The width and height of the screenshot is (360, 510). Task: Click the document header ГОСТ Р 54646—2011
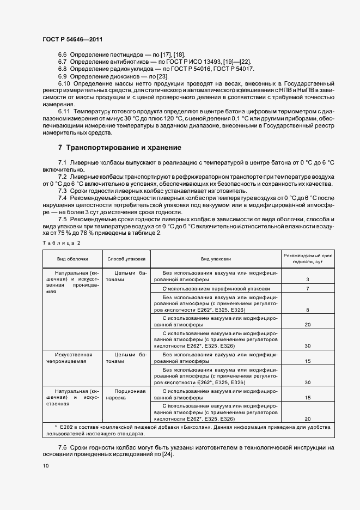coord(72,40)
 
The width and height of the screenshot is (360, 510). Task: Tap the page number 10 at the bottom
coord(46,466)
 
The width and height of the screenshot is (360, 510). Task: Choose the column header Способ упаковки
coord(126,259)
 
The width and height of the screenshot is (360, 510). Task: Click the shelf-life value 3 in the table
coord(308,280)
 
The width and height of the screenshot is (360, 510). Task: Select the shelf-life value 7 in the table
coord(308,288)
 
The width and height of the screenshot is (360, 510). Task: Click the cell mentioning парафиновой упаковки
coord(216,288)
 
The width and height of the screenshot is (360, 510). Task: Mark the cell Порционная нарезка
coord(126,394)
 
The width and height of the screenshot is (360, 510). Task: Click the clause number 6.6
coord(62,56)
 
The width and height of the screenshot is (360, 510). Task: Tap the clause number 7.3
coord(62,190)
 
